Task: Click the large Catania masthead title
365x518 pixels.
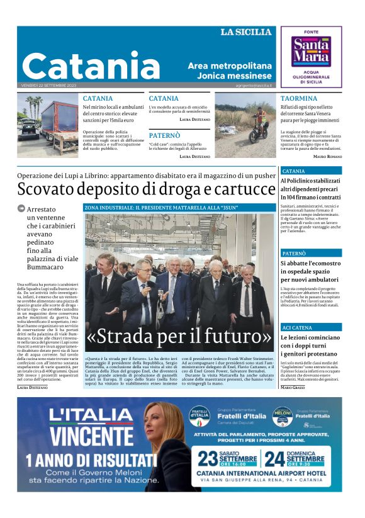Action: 91,66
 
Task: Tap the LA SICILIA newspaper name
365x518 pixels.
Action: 246,32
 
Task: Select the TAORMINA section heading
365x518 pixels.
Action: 299,99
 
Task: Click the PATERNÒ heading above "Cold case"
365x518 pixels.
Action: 164,135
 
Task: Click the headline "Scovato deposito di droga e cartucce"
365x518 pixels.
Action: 146,189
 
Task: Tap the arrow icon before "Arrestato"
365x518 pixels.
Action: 21,209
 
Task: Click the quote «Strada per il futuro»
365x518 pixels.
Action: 179,337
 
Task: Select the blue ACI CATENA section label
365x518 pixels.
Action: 296,328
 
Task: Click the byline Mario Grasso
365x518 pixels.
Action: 293,386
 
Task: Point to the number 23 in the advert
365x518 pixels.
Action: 209,458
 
